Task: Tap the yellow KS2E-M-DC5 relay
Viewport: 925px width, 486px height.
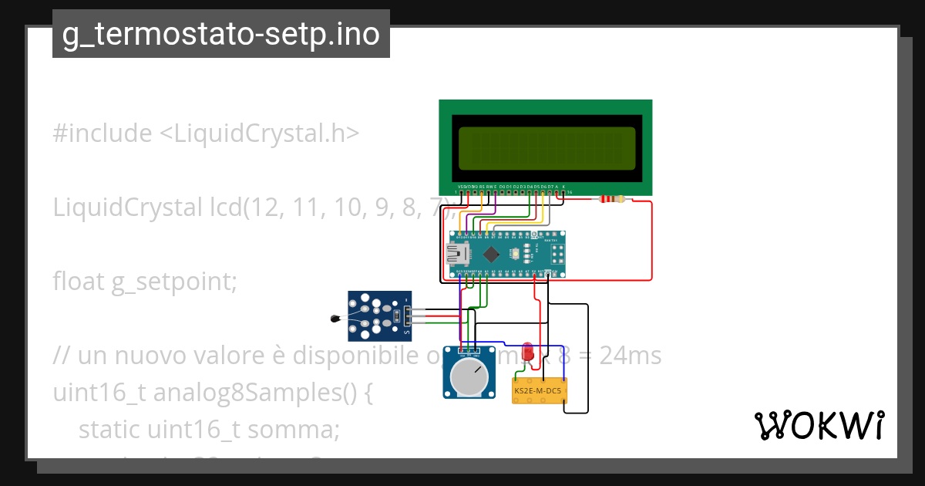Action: pyautogui.click(x=540, y=391)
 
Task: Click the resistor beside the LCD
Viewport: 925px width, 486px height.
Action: pyautogui.click(x=612, y=200)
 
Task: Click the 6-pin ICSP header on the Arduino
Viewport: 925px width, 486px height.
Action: pyautogui.click(x=555, y=252)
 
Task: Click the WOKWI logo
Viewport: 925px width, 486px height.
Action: pyautogui.click(x=819, y=426)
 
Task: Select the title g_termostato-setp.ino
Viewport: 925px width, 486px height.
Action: pyautogui.click(x=221, y=35)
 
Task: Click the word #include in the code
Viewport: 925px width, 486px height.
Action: pyautogui.click(x=103, y=133)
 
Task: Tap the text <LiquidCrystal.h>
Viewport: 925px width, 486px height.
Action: pyautogui.click(x=259, y=133)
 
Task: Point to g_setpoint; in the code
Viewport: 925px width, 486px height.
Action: pyautogui.click(x=173, y=282)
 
